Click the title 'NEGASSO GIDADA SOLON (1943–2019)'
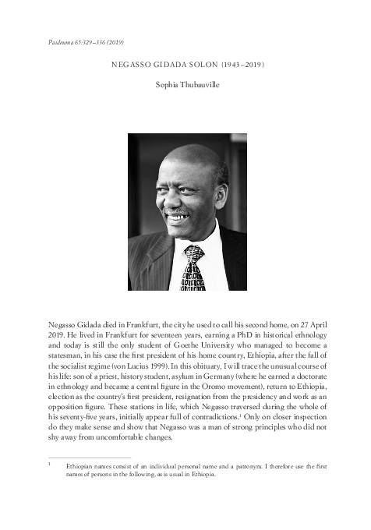(x=185, y=63)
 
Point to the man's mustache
(x=178, y=210)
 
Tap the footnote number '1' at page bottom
(x=49, y=464)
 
